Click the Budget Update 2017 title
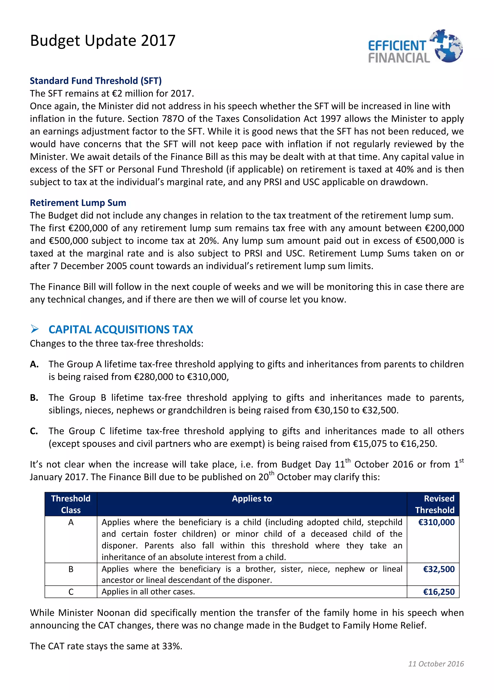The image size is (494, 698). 103,40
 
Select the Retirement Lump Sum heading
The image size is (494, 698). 78,202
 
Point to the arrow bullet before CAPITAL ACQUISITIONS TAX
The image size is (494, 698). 35,329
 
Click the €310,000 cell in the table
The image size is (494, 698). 436,522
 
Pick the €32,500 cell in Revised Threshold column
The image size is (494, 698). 438,569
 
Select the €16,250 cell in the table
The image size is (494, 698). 438,592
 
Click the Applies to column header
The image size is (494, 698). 252,499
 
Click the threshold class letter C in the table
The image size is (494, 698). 71,592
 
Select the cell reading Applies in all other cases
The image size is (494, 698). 148,592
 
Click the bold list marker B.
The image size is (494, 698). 34,398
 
